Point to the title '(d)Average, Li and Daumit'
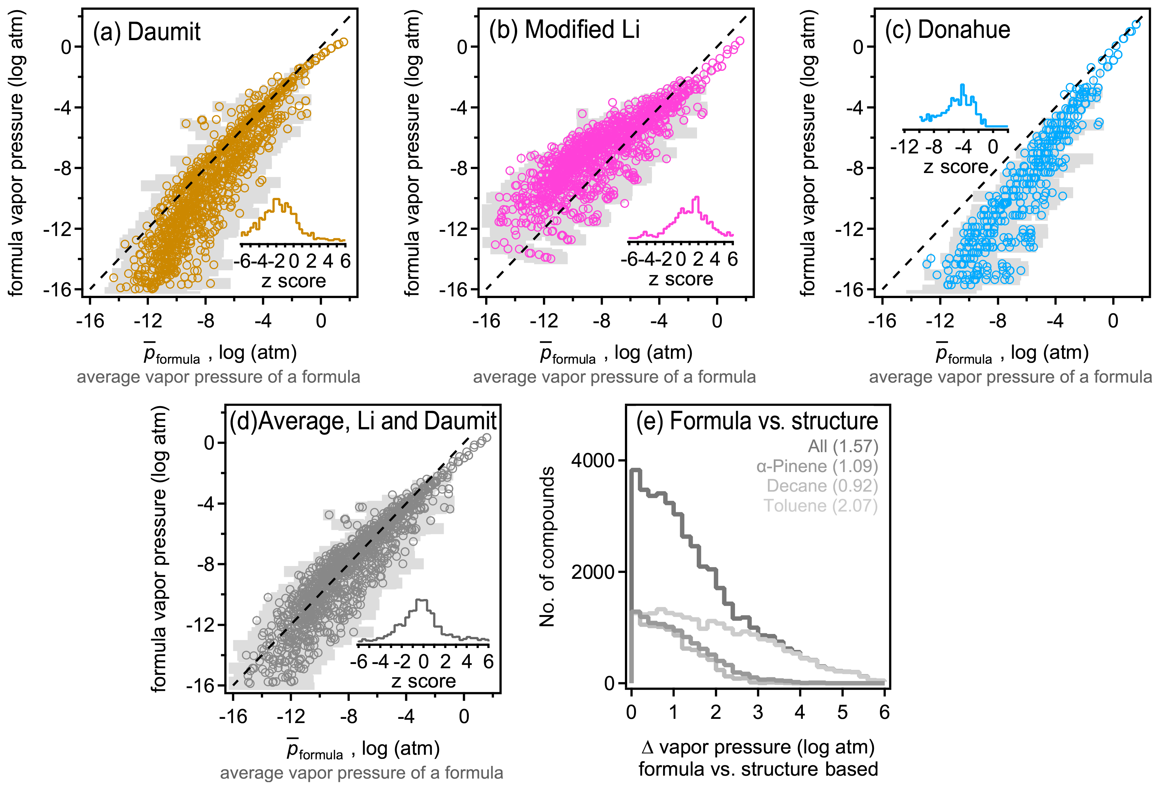click(x=363, y=421)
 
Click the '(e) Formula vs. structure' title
click(x=757, y=421)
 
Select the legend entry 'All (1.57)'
click(x=843, y=446)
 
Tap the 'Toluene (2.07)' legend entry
click(x=820, y=506)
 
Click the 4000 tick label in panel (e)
click(x=593, y=461)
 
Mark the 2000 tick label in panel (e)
click(x=593, y=572)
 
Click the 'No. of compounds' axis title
click(x=548, y=546)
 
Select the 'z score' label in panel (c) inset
click(x=955, y=167)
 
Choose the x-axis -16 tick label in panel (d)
click(x=233, y=717)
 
